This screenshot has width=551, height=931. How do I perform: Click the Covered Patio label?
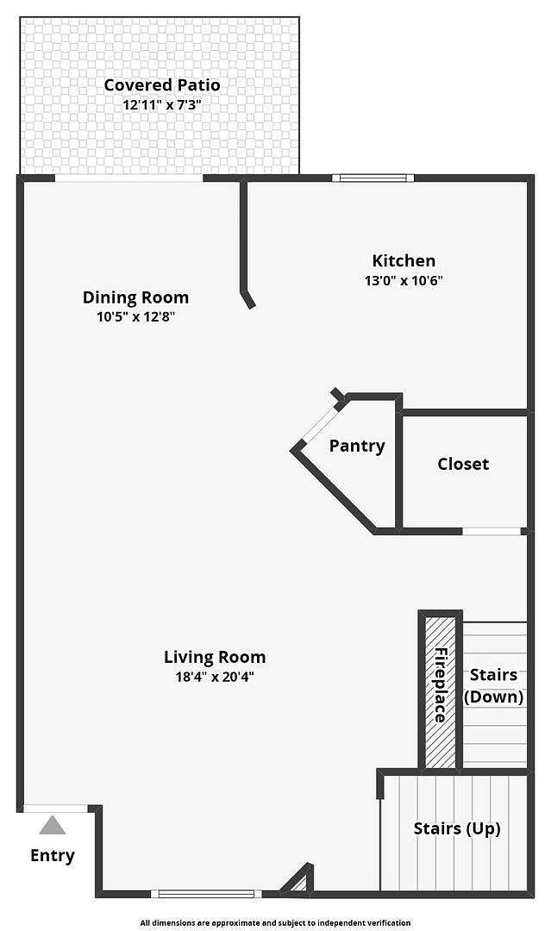coord(161,84)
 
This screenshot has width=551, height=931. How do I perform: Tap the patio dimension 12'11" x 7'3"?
coord(161,105)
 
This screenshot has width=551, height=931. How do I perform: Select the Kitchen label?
coord(404,260)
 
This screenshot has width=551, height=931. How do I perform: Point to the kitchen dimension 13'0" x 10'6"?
coord(404,280)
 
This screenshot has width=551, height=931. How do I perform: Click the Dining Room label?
coord(135,297)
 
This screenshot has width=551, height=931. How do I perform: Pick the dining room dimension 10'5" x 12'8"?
coord(135,316)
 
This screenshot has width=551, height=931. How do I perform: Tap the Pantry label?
coord(357,446)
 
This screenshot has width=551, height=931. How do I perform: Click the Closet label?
coord(463,464)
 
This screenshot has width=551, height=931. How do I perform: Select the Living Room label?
coord(215,657)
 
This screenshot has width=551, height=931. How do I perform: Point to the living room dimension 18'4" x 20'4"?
coord(215,677)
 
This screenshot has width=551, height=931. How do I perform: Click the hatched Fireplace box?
coord(440,692)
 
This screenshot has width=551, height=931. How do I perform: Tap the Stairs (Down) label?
coord(493,686)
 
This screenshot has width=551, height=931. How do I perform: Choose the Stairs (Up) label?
coord(457,828)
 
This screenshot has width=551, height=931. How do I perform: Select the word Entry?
coord(53,856)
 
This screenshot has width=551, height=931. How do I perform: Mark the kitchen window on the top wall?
coord(373,178)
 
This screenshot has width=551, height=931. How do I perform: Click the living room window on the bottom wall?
coord(206,894)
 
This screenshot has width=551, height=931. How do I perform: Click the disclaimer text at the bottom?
coord(275,922)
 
